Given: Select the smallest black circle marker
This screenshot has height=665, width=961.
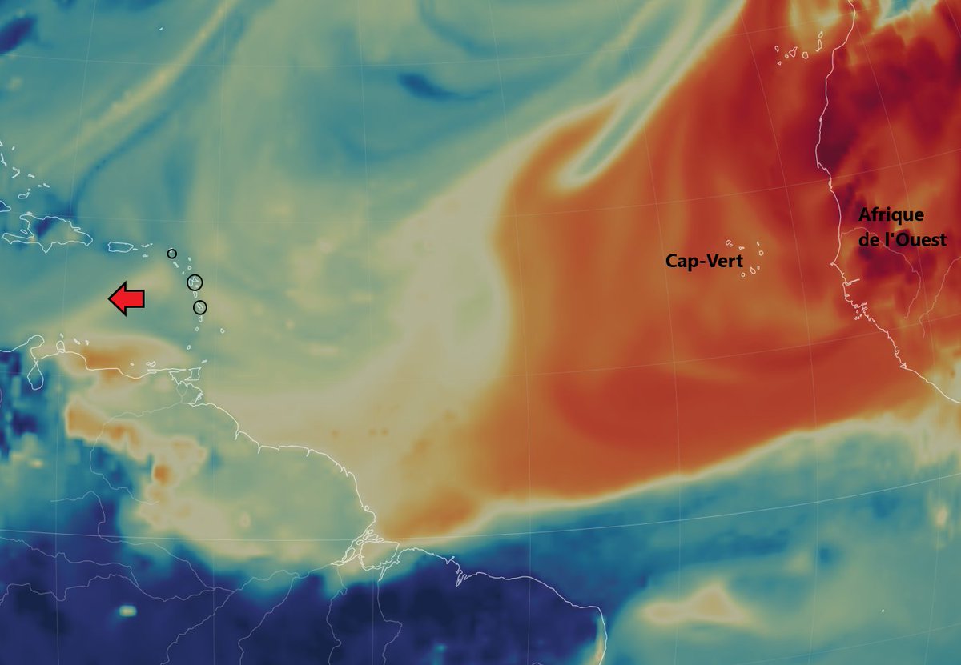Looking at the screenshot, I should (171, 254).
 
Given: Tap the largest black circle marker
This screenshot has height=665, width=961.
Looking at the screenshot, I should (195, 282).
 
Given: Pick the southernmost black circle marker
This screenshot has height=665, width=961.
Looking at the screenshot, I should (200, 307).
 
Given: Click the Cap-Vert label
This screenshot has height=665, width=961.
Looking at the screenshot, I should (704, 261).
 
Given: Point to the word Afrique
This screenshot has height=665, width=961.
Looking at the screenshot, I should (891, 214).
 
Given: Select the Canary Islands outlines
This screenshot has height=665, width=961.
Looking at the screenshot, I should (793, 51).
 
